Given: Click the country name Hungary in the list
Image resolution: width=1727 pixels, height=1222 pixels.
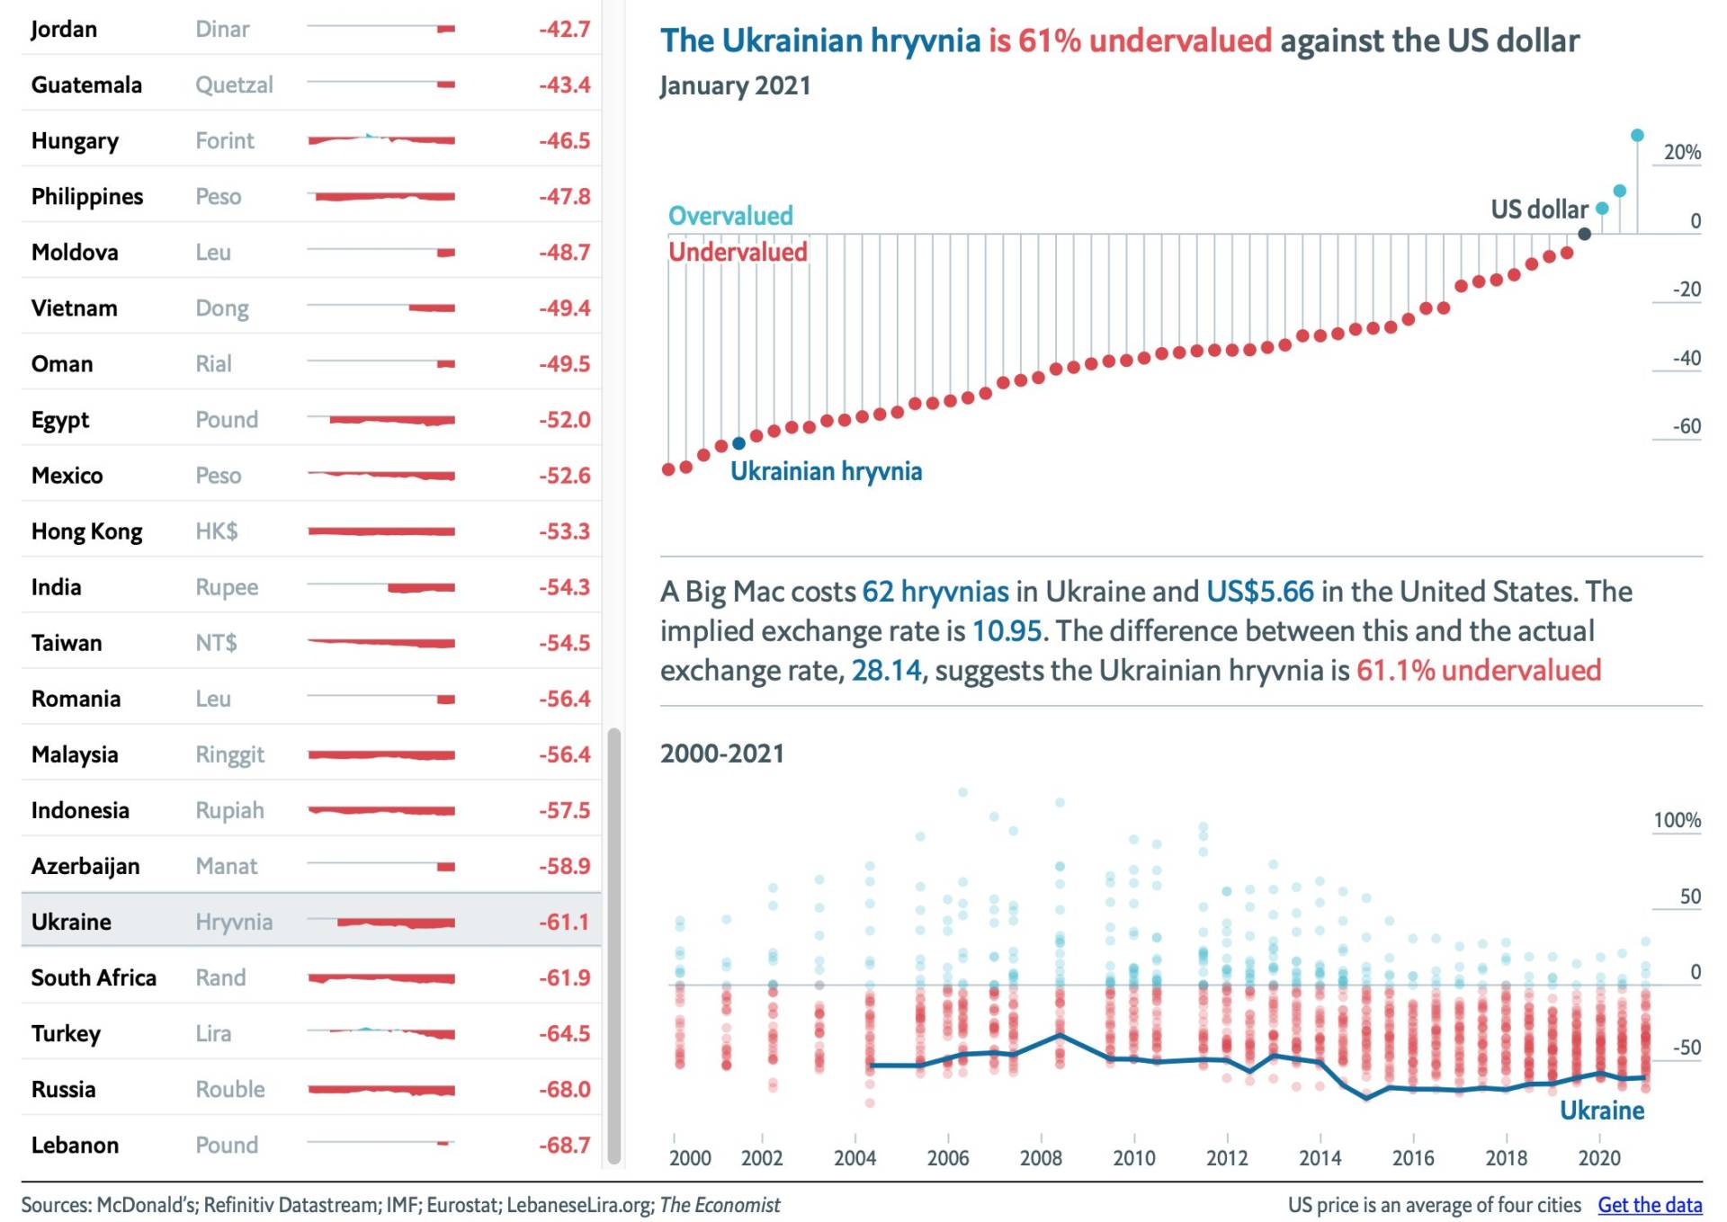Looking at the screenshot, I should coord(75,141).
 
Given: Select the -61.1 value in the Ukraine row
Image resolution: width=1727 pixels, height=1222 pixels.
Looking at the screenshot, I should coord(564,922).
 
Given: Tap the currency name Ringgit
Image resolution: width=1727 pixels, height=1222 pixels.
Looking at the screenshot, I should coord(229,754).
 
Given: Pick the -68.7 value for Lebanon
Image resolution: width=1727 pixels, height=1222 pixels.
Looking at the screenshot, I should coord(564,1145).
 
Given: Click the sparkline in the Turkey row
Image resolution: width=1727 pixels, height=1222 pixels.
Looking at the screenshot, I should coord(381,1032).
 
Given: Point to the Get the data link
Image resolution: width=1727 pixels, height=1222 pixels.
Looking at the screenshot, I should coord(1649,1205).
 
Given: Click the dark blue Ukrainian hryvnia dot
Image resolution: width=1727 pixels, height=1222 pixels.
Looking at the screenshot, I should coord(738,443).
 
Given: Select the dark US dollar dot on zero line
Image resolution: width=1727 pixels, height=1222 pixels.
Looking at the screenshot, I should coord(1584,234).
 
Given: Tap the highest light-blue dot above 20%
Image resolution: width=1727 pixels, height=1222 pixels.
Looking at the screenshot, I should coord(1637,136).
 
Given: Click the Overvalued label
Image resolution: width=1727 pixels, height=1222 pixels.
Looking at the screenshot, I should coord(730,216).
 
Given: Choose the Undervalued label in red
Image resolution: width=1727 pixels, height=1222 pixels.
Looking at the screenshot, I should coord(738,252).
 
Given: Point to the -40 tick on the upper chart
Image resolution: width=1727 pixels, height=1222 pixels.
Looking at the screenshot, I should coord(1686,359).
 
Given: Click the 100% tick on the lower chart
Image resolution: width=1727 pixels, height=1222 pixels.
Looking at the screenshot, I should coord(1677,820).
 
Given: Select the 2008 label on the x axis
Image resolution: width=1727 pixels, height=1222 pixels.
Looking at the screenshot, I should coord(1041,1157).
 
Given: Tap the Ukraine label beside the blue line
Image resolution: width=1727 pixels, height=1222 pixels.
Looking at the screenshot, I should coord(1601,1111).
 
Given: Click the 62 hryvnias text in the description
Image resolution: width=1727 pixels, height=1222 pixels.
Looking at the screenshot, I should coord(935,592).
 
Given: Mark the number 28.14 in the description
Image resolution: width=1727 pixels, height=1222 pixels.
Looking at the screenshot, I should coord(886,671).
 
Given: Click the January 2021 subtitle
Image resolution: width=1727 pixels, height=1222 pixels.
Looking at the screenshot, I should coord(735,85).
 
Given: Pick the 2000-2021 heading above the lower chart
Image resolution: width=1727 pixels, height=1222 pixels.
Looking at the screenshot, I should coord(721,754).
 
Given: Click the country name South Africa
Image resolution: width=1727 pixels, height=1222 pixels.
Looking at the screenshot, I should coord(94,977).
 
